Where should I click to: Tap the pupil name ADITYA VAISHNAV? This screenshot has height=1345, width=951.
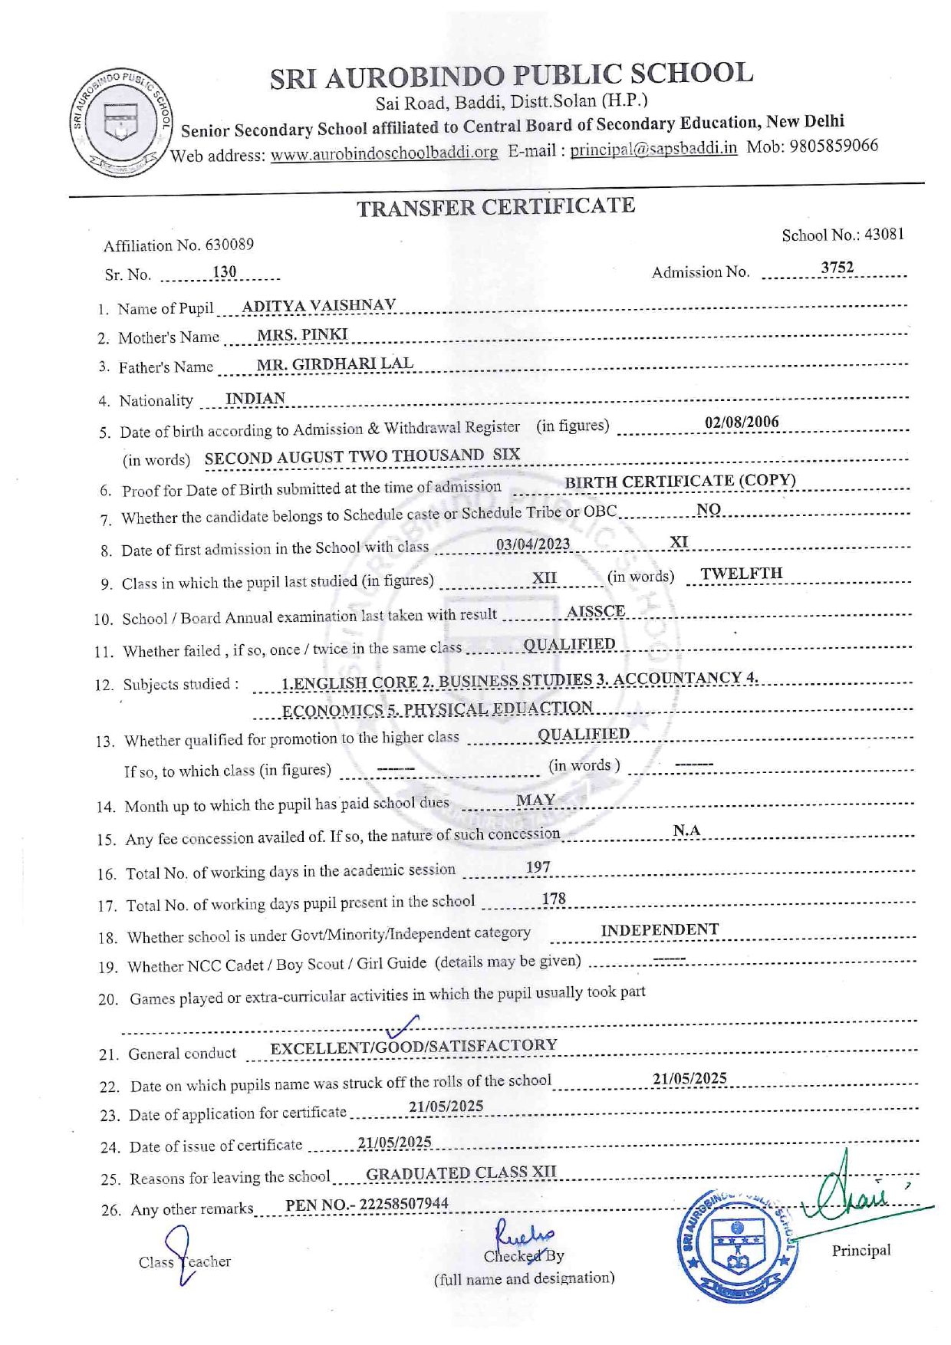(318, 306)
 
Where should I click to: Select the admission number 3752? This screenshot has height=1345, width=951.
(837, 268)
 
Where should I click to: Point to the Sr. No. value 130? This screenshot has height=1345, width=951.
(225, 272)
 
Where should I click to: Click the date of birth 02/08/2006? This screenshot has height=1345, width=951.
(742, 423)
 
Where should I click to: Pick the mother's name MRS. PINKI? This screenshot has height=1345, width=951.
(302, 335)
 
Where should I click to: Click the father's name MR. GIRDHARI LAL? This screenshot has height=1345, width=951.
(334, 364)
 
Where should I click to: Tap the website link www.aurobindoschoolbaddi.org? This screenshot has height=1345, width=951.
(383, 153)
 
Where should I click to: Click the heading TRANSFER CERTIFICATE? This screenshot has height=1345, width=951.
(495, 207)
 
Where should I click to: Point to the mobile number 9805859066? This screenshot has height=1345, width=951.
(833, 146)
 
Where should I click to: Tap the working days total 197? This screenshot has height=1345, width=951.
(538, 867)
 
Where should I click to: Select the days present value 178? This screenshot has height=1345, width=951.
(554, 899)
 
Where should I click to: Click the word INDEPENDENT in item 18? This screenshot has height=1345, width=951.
(660, 930)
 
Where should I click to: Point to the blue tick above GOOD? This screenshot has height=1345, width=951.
(403, 1026)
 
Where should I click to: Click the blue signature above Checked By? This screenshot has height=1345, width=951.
(525, 1232)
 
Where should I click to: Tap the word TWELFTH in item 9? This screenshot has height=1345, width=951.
(741, 574)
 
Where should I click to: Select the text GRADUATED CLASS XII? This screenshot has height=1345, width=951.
(461, 1173)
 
